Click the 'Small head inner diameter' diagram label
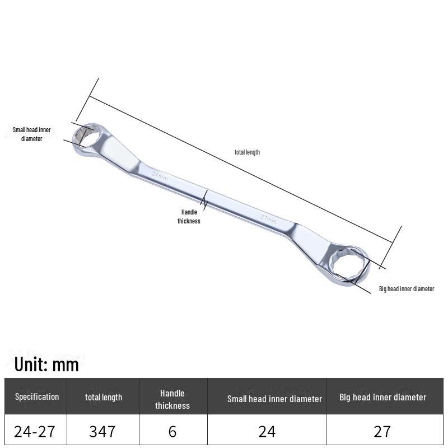point(32,134)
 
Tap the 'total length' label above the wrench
point(247,152)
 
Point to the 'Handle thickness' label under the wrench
point(189,216)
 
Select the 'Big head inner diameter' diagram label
point(407,288)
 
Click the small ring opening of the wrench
point(85,135)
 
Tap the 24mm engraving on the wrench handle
point(160,176)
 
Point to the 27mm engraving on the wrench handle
point(269,219)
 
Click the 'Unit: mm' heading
point(46,365)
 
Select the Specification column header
point(37,396)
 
